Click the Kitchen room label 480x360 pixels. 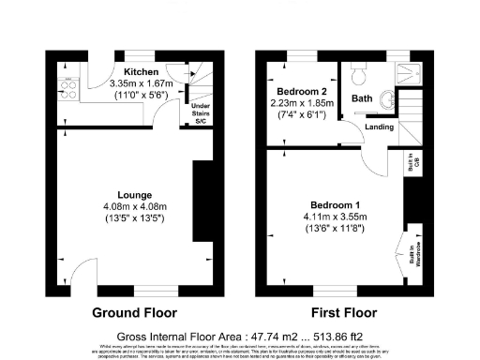tap(140, 71)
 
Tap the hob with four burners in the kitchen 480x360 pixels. tap(67, 91)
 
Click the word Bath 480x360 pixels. tap(361, 97)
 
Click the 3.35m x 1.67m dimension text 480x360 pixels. tap(140, 82)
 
